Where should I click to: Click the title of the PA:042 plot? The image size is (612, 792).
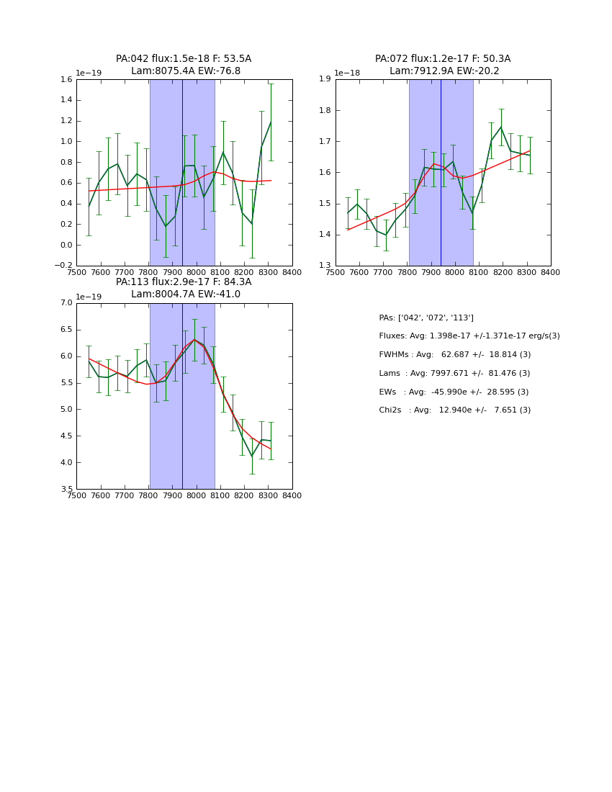pyautogui.click(x=184, y=65)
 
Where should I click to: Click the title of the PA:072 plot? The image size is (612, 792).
pyautogui.click(x=443, y=65)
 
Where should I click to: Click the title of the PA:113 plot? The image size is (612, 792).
pyautogui.click(x=184, y=288)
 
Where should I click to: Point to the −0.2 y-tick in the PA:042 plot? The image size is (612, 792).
pyautogui.click(x=64, y=266)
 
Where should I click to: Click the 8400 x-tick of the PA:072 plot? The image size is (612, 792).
pyautogui.click(x=551, y=273)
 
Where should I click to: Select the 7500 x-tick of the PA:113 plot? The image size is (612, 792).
pyautogui.click(x=76, y=496)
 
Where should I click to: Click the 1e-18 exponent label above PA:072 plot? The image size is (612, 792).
pyautogui.click(x=347, y=73)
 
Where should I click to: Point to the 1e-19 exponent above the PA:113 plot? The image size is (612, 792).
pyautogui.click(x=89, y=297)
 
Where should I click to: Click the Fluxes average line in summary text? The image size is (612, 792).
pyautogui.click(x=469, y=336)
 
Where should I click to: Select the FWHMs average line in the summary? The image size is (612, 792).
pyautogui.click(x=455, y=355)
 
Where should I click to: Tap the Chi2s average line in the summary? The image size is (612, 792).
pyautogui.click(x=455, y=410)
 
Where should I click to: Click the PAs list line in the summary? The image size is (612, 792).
pyautogui.click(x=426, y=318)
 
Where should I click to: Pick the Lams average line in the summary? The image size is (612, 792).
pyautogui.click(x=455, y=374)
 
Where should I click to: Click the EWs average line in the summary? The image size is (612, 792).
pyautogui.click(x=454, y=392)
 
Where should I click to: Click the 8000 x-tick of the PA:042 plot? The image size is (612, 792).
pyautogui.click(x=197, y=273)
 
